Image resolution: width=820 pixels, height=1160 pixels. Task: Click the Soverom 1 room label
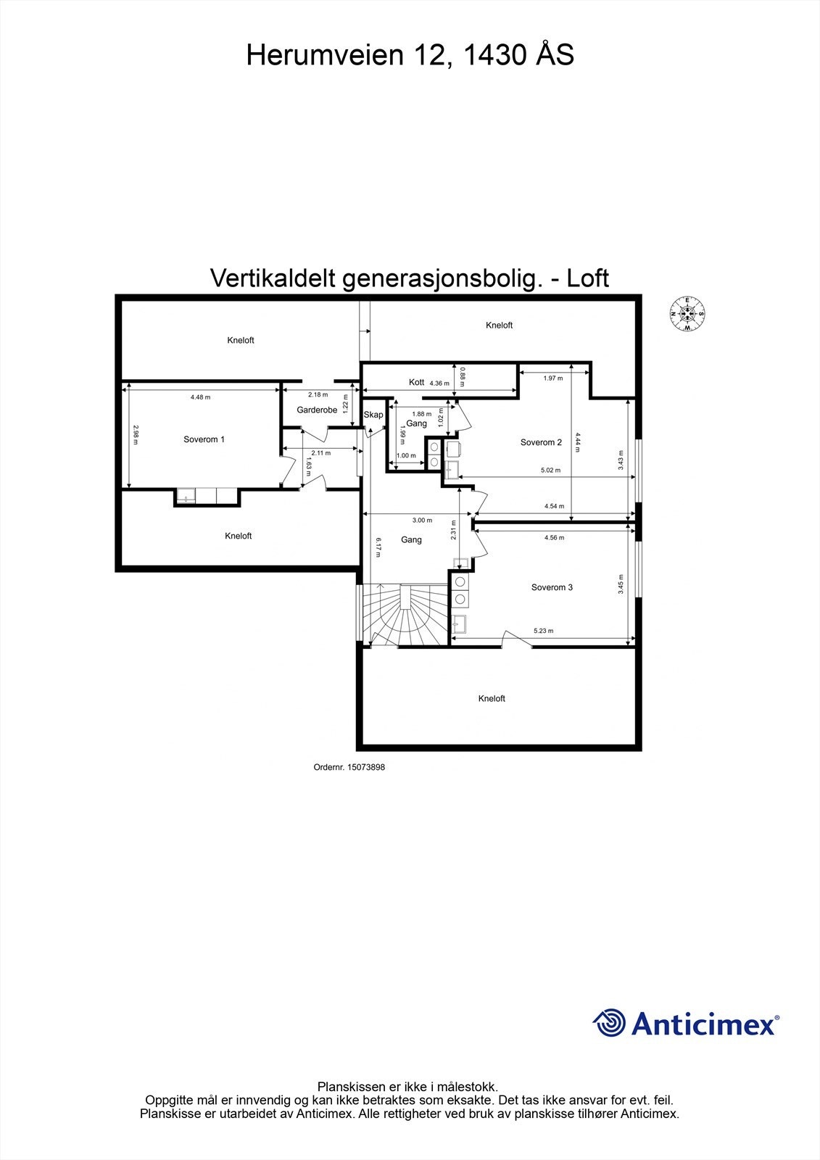tap(204, 439)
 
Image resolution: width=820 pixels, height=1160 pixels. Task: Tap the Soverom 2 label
tap(541, 442)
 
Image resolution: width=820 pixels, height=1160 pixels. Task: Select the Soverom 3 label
tap(552, 587)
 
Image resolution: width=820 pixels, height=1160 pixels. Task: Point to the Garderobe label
tap(317, 410)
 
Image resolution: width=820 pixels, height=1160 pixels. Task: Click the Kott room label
tap(416, 382)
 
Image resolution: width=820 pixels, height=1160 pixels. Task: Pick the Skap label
tap(373, 415)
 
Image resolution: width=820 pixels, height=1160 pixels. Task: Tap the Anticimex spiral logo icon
tap(609, 1023)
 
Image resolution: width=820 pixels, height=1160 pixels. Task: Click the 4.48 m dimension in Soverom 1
tap(200, 397)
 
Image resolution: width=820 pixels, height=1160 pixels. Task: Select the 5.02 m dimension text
tap(551, 471)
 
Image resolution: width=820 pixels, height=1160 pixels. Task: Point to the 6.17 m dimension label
tap(378, 547)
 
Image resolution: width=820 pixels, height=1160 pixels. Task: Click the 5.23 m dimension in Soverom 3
tap(543, 631)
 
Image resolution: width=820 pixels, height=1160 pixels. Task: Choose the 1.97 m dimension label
tap(553, 378)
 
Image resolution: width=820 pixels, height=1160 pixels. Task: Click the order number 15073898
tap(349, 767)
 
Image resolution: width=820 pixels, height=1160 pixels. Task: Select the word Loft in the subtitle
tap(587, 278)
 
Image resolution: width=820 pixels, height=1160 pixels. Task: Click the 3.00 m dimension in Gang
tap(422, 520)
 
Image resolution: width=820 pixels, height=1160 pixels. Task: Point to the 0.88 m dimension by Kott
tap(463, 375)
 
